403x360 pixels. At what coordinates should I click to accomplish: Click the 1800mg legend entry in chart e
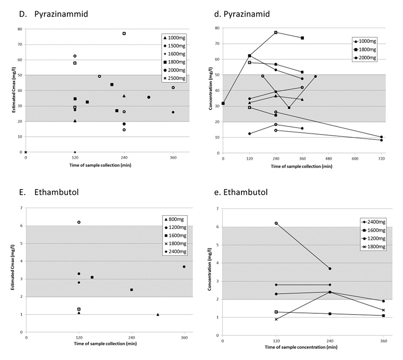point(376,247)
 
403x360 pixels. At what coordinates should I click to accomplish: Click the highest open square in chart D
point(124,33)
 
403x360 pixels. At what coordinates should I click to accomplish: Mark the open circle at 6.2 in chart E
point(79,222)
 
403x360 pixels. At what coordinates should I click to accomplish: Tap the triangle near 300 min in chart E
point(158,315)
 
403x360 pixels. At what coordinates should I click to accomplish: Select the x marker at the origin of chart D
point(26,152)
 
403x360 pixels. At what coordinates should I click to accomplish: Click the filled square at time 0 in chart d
point(223,103)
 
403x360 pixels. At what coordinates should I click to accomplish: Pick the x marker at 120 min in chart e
point(276,319)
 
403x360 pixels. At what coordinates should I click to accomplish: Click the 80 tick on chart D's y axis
point(20,29)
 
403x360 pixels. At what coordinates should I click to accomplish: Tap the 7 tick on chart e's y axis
point(217,209)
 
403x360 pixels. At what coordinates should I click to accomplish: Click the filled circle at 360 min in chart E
point(184,267)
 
